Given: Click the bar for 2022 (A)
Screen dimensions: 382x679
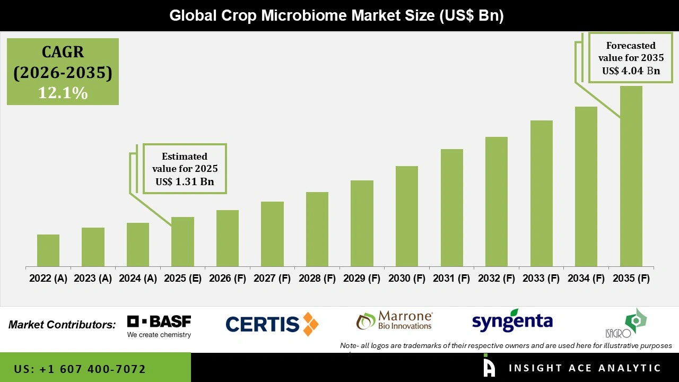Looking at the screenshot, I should click(48, 250).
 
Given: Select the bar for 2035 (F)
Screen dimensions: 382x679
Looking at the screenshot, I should click(631, 176).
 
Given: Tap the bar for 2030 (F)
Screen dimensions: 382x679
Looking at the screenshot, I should click(407, 216).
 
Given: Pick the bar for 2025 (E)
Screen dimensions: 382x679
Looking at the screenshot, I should click(182, 241).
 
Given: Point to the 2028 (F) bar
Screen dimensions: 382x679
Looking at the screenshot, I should click(317, 229).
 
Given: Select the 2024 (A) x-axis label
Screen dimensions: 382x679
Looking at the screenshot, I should click(138, 279).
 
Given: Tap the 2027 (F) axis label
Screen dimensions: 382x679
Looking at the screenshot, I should click(272, 279).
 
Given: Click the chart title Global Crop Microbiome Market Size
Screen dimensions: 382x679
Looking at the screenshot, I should click(336, 15).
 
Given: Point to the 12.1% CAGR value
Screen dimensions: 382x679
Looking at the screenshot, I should click(63, 93).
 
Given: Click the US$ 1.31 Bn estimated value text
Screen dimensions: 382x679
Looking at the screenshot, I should click(184, 181).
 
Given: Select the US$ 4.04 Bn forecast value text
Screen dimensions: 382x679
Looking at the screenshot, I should click(631, 71).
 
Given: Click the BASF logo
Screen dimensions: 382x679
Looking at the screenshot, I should click(159, 326).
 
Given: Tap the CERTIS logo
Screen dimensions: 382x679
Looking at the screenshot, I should click(272, 324).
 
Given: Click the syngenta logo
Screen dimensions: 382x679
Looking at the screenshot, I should click(512, 321).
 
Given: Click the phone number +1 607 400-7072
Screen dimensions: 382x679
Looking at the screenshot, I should click(80, 369).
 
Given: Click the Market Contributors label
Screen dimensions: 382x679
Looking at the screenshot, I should click(62, 324).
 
